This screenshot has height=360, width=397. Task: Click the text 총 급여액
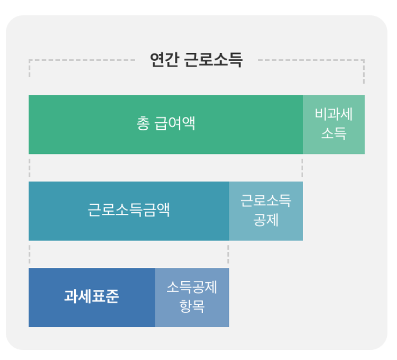click(166, 124)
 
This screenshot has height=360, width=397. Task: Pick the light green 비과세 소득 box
click(334, 124)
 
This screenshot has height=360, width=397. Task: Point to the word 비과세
click(334, 114)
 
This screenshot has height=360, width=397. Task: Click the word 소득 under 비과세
click(334, 134)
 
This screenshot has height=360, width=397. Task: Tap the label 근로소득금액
click(129, 211)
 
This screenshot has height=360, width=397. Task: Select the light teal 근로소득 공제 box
click(266, 211)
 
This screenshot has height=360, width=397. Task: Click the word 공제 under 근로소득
click(266, 220)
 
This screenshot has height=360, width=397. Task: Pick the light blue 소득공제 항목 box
click(192, 297)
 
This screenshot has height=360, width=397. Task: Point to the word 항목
click(192, 307)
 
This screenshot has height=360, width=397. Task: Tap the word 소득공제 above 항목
click(192, 287)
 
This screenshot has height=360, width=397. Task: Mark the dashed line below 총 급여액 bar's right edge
click(303, 167)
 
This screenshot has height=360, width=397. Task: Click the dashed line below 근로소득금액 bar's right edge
click(228, 254)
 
